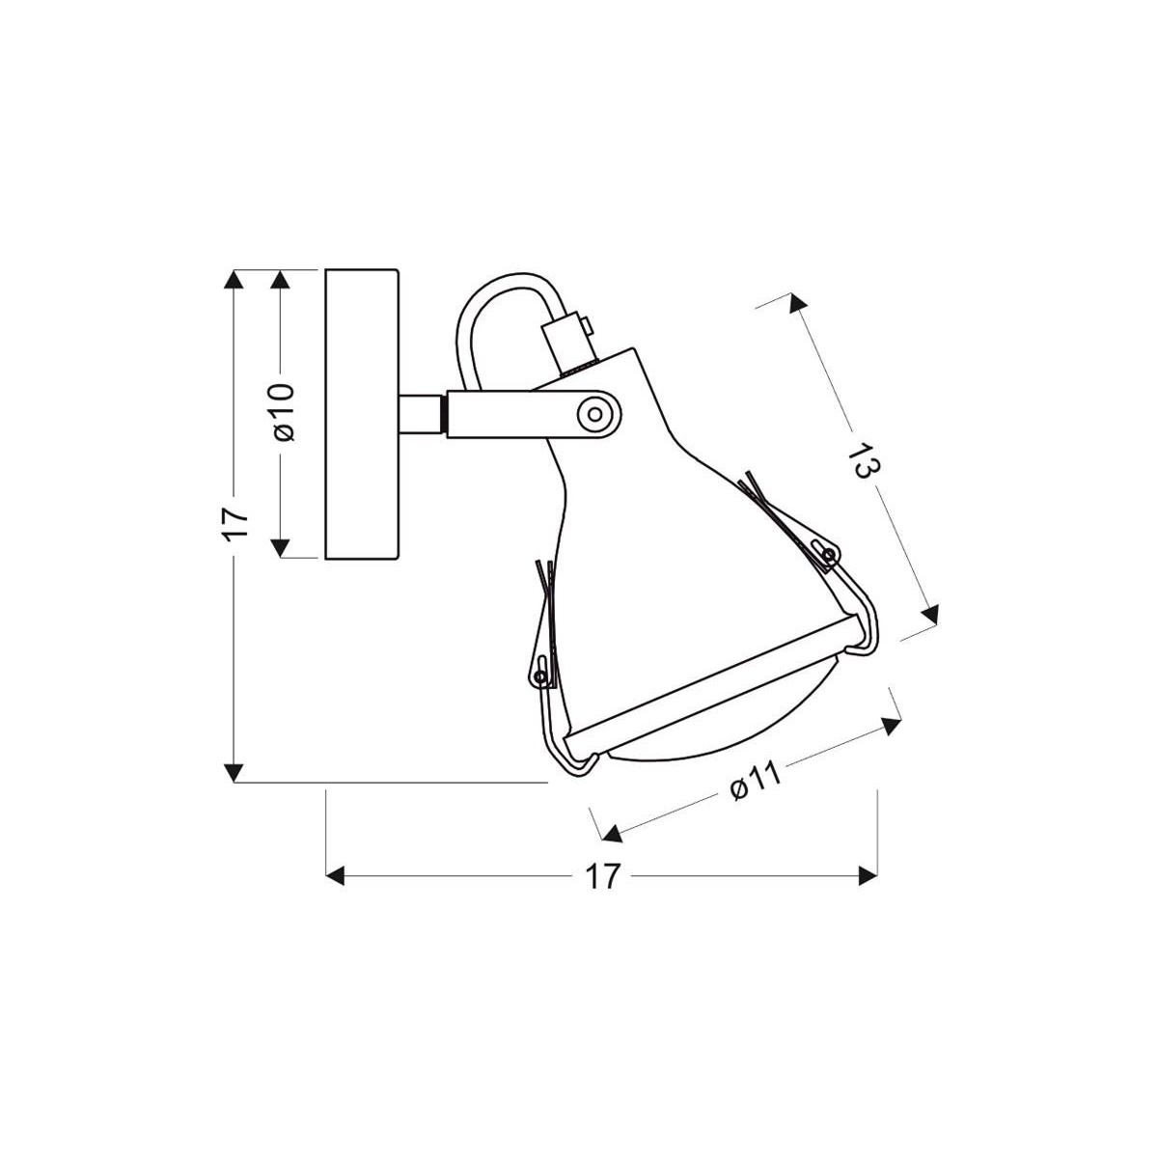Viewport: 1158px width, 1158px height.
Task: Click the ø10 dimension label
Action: tap(282, 413)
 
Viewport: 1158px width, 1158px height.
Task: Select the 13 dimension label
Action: tap(862, 460)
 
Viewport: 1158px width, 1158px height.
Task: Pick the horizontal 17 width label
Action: tap(602, 876)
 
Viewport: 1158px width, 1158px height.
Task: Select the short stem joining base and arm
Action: tap(423, 413)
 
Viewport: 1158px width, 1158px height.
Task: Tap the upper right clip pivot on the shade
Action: tap(826, 552)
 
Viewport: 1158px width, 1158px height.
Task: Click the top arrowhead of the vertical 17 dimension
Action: tap(234, 279)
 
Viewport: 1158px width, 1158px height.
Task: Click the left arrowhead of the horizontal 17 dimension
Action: tap(337, 876)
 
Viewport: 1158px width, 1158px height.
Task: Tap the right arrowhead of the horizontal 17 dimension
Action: tap(868, 876)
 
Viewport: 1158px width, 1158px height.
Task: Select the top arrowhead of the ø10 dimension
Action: tap(281, 279)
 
